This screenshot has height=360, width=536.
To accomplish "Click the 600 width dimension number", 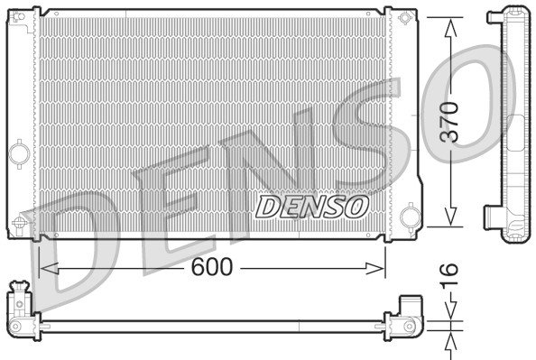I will (x=213, y=267).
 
